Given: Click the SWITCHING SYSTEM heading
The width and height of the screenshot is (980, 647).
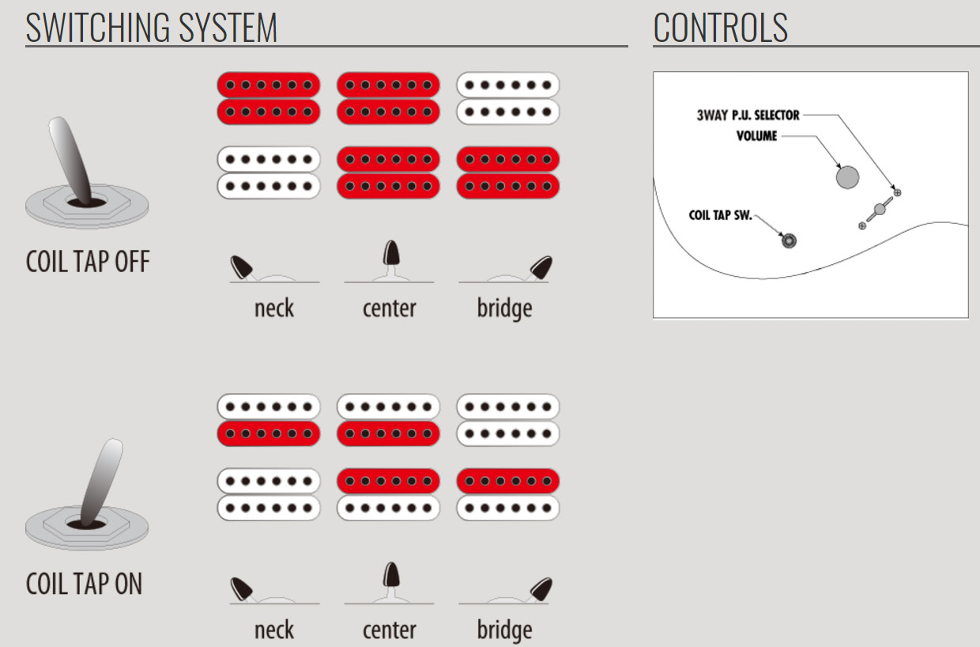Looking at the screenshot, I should (152, 28).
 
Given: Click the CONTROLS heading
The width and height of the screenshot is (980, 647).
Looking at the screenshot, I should (720, 28).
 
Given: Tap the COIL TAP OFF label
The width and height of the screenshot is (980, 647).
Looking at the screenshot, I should (88, 262).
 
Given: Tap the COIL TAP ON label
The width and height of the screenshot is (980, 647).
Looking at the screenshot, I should (85, 584).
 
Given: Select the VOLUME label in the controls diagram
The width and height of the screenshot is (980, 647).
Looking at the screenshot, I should (756, 136).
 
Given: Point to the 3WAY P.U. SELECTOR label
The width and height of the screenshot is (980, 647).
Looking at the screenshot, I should (748, 115).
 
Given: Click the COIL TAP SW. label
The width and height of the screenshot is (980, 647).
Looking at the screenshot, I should (720, 215).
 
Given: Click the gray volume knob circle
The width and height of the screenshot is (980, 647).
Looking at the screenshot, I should (847, 177).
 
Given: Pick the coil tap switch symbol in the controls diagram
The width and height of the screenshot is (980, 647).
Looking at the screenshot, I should (788, 240).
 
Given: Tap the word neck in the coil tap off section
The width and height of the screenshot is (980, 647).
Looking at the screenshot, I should (274, 308).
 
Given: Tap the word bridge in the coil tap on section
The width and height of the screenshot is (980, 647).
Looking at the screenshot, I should (504, 630).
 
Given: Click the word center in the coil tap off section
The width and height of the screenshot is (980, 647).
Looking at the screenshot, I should (389, 308).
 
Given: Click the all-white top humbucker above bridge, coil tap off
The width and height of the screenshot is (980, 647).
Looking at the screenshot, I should (507, 98).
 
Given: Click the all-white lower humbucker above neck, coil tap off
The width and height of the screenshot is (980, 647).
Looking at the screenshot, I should (269, 172).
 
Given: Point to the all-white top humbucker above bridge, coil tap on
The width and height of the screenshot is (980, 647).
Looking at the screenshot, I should (507, 420).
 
